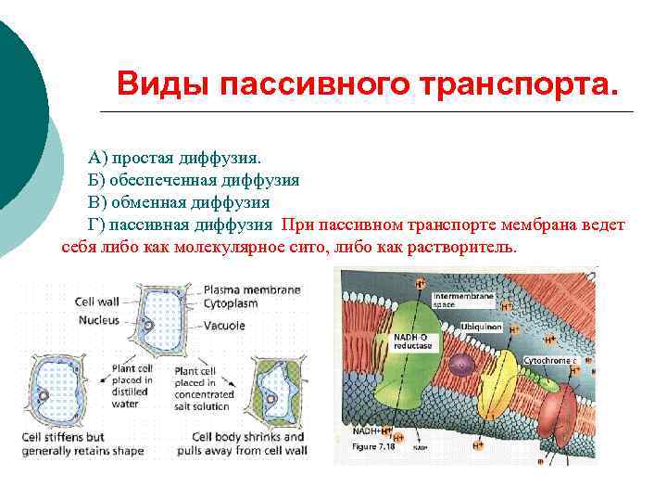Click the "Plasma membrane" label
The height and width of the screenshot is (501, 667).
pos(252,289)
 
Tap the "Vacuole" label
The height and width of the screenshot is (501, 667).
pos(225,326)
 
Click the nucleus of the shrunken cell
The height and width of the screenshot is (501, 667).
pos(271,399)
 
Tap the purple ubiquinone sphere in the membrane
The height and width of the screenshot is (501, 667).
pos(461,365)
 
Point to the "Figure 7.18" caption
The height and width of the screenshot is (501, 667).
pos(373,446)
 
